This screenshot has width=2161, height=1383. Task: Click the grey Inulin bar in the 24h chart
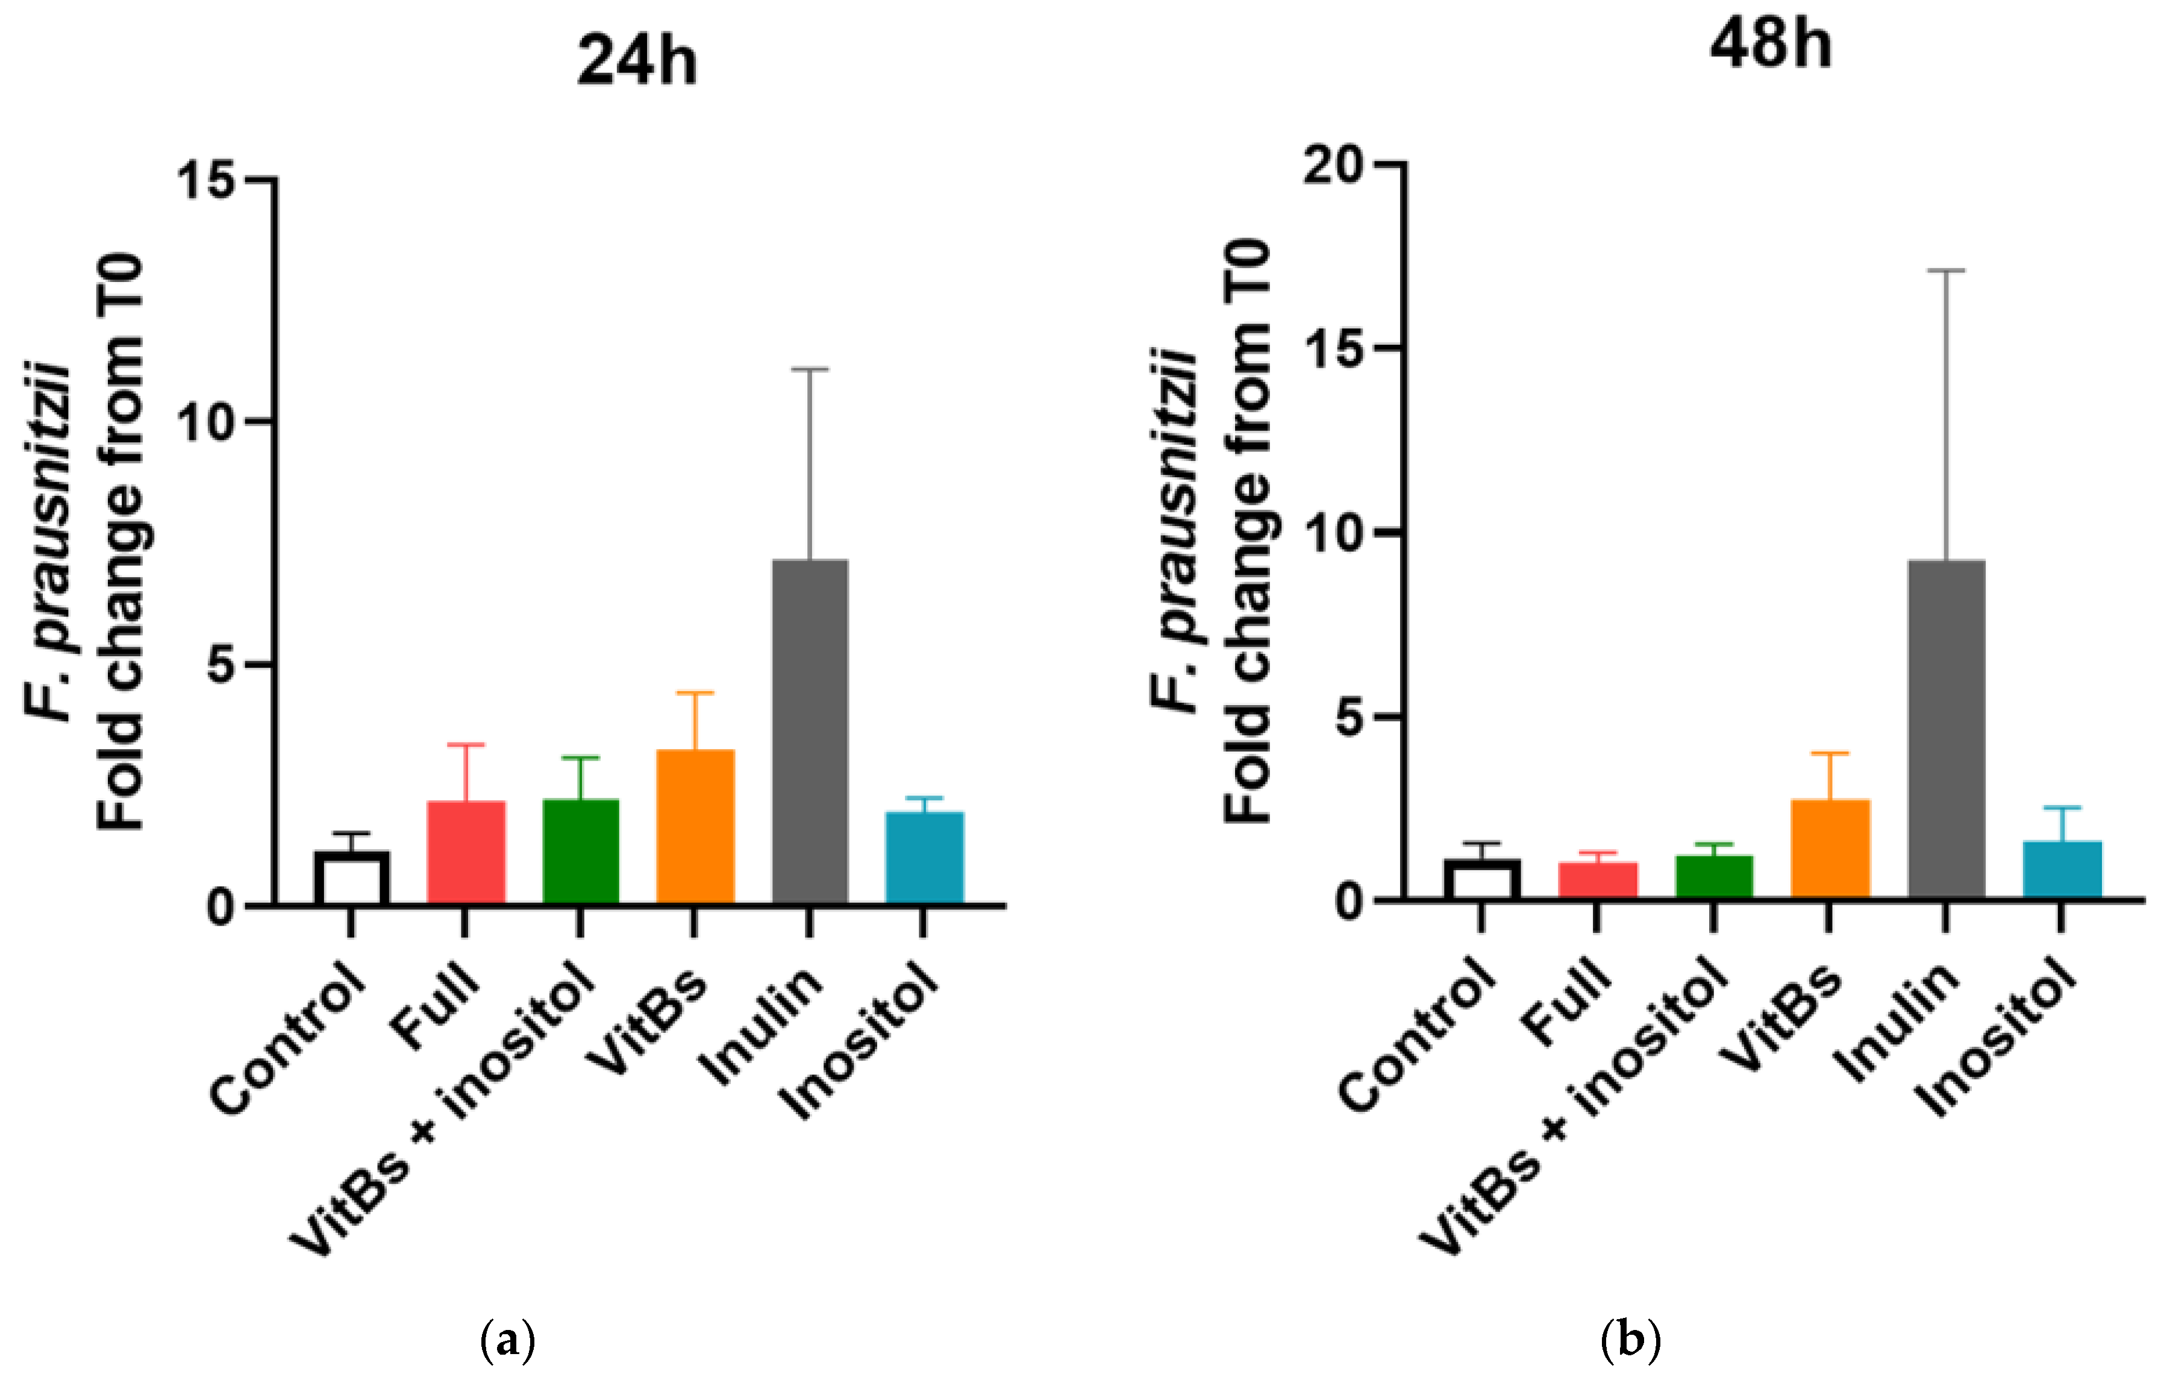coord(809,732)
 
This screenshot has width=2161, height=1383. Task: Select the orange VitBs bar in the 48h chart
coord(1829,848)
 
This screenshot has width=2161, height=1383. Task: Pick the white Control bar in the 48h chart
coord(1481,879)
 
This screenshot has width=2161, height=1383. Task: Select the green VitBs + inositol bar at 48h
coord(1713,876)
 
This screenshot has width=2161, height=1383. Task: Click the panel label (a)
coord(508,1341)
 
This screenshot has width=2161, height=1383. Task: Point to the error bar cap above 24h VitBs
coord(694,692)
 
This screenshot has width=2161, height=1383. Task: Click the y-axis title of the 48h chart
coord(1212,530)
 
